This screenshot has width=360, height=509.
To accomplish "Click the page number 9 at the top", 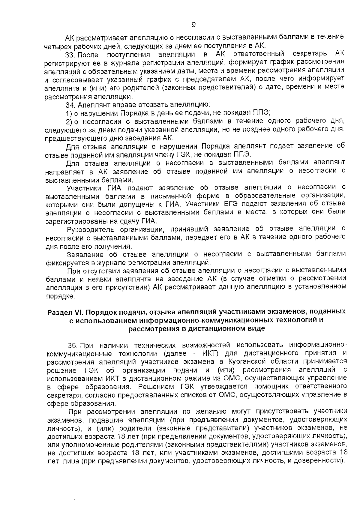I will [x=193, y=25].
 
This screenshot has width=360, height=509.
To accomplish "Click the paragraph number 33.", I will [x=70, y=54].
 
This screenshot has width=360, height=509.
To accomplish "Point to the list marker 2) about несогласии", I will [x=69, y=121].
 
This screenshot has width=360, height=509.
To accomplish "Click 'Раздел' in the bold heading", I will [x=58, y=312].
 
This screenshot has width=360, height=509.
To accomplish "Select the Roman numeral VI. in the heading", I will [x=78, y=312].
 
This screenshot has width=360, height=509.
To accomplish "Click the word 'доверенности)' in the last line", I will [x=325, y=460].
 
